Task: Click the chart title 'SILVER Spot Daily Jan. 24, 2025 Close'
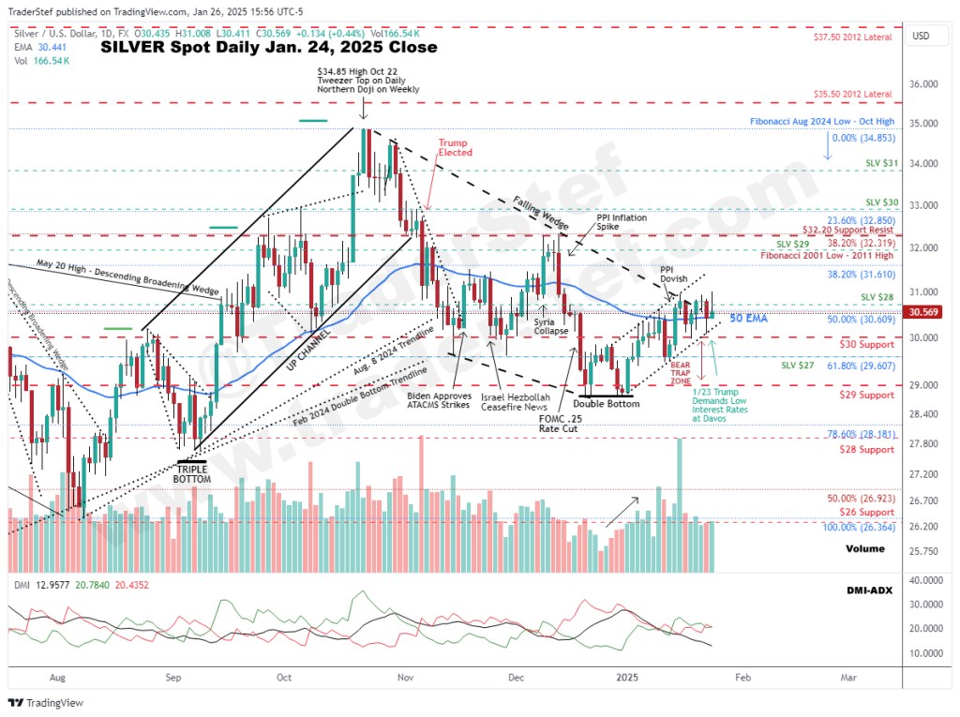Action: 268,47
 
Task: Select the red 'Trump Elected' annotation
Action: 455,147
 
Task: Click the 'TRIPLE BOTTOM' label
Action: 192,474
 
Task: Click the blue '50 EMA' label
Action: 748,319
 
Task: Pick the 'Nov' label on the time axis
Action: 404,675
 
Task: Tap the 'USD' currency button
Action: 921,36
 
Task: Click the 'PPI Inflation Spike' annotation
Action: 622,222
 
